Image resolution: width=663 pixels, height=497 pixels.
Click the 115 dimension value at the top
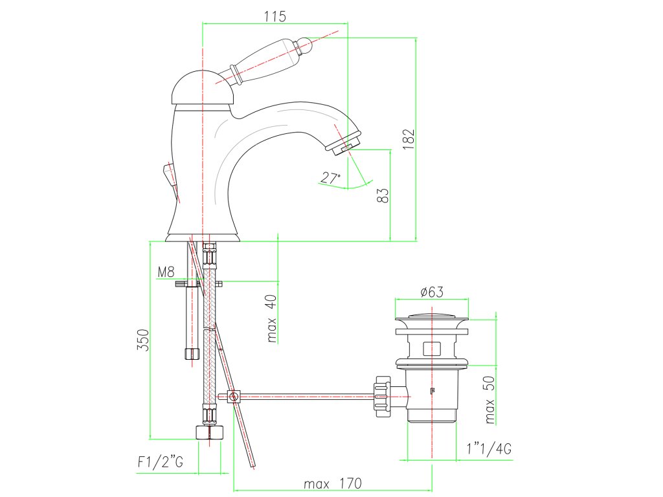click(275, 16)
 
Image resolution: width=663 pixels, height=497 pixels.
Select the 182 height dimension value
click(409, 139)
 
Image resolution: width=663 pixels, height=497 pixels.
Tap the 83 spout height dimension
click(382, 195)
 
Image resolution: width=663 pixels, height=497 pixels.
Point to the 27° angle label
click(330, 177)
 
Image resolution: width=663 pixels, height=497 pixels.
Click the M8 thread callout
click(166, 272)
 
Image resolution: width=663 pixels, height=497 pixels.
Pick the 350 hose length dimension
click(143, 340)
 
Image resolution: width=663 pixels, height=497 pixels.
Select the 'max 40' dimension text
click(271, 318)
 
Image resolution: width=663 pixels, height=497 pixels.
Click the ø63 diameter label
click(432, 292)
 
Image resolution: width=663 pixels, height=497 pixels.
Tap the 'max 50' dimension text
click(489, 400)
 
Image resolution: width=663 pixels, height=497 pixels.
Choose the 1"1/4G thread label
click(489, 448)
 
